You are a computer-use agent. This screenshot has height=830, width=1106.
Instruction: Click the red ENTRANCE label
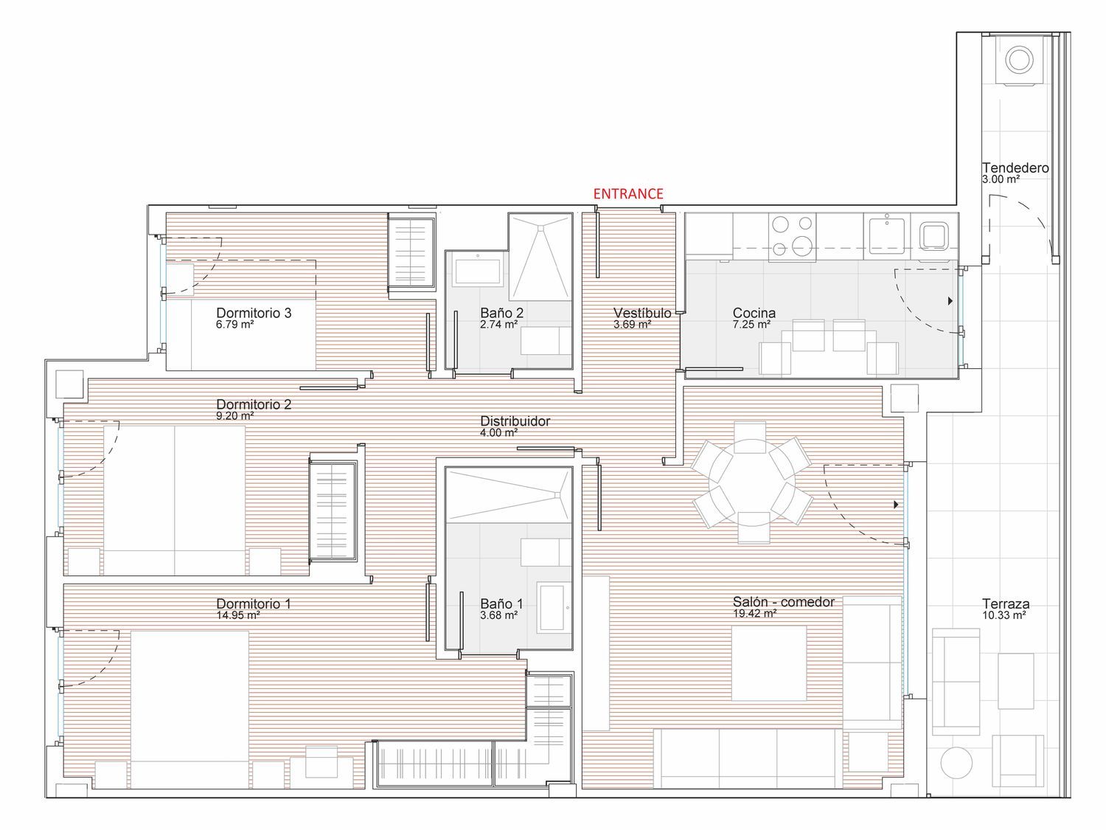(x=627, y=193)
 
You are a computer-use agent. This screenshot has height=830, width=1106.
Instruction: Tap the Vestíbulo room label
(x=642, y=313)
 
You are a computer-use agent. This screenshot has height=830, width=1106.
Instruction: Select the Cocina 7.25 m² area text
(x=751, y=325)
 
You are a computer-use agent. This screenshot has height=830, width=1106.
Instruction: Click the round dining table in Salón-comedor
(x=751, y=482)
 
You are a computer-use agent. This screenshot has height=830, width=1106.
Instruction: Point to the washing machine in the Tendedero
(x=1019, y=60)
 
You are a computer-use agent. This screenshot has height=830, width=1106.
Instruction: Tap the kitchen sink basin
(x=887, y=234)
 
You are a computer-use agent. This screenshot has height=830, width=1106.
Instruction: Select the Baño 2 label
(x=501, y=313)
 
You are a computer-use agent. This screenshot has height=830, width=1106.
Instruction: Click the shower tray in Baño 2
(x=540, y=257)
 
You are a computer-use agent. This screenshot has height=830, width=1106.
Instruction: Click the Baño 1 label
(x=501, y=604)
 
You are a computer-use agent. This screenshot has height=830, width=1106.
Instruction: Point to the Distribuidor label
(x=515, y=421)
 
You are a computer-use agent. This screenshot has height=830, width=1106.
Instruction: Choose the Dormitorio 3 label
(x=254, y=313)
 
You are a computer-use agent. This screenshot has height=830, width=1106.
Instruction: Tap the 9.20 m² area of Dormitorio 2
(x=234, y=416)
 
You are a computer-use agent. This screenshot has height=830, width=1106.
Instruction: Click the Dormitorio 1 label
(x=254, y=604)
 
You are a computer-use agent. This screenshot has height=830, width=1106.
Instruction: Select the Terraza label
(x=1006, y=604)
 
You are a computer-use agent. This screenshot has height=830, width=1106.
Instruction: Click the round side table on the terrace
(x=956, y=763)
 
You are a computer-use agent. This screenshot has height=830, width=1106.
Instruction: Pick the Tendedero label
(x=1015, y=167)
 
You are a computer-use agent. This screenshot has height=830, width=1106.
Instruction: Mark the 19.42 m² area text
(x=754, y=613)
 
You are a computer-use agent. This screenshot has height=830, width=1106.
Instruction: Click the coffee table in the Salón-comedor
(x=769, y=663)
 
